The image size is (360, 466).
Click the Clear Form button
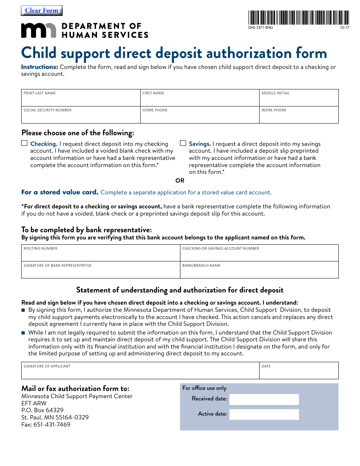pos(42,11)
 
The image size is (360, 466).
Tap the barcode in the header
pos(299,17)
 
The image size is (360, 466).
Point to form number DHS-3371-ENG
pos(260,28)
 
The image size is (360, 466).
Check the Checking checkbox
pos(24,143)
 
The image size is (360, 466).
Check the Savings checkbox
pos(183,143)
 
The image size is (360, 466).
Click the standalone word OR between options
pos(180,181)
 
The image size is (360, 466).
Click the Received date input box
pos(264,399)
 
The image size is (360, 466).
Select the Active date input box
pos(264,414)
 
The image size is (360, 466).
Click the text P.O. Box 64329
pos(42,410)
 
